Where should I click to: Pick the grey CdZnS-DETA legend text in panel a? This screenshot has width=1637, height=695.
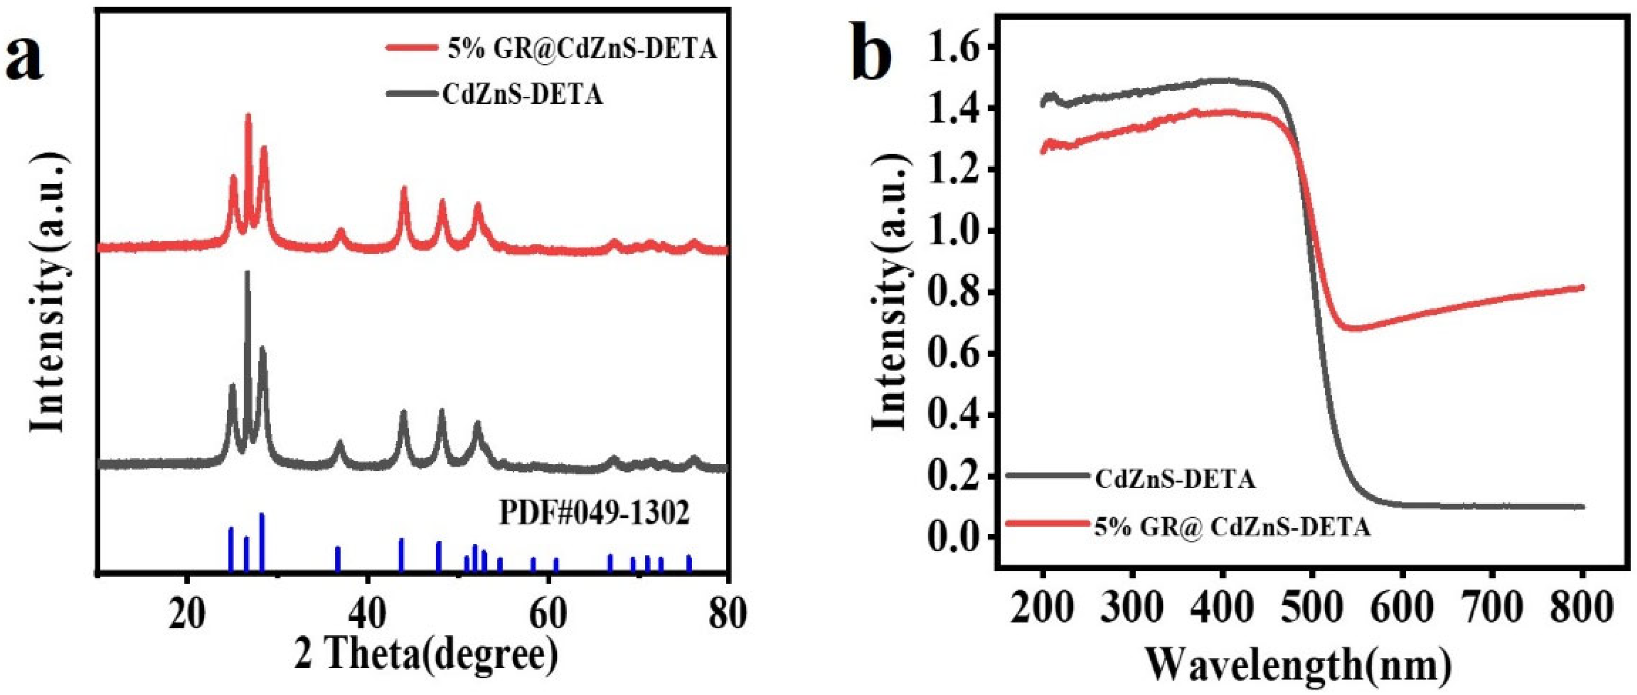[x=522, y=95]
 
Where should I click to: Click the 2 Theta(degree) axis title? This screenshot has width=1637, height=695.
[x=426, y=655]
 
